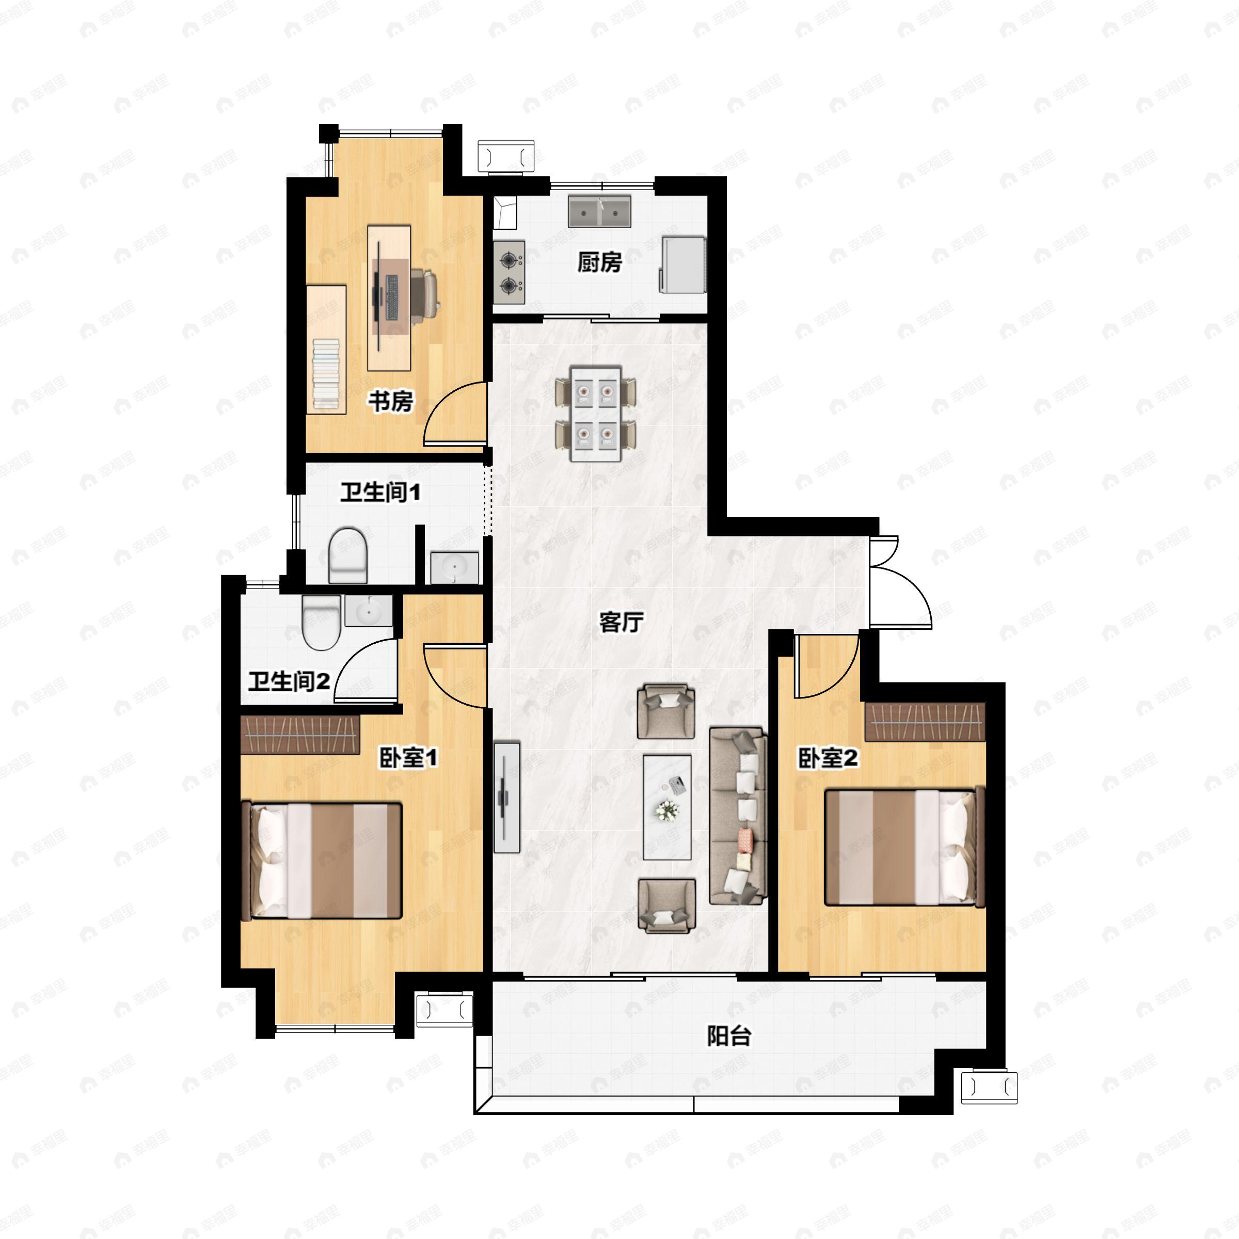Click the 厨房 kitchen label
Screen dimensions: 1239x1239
pos(599,262)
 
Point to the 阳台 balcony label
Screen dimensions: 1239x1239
pos(729,1035)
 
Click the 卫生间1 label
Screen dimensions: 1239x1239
pos(381,493)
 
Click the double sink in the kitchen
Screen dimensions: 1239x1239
pos(599,211)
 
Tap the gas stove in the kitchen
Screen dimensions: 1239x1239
pos(509,273)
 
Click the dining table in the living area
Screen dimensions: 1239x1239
pos(596,414)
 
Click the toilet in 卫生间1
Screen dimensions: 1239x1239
pos(348,555)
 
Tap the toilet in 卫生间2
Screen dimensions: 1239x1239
pos(321,623)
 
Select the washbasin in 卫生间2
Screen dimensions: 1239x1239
pos(369,611)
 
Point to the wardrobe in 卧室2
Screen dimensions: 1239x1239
pos(925,722)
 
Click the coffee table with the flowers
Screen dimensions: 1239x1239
pos(667,807)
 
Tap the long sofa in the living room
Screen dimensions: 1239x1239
pos(738,816)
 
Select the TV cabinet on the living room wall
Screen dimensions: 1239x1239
pos(506,797)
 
